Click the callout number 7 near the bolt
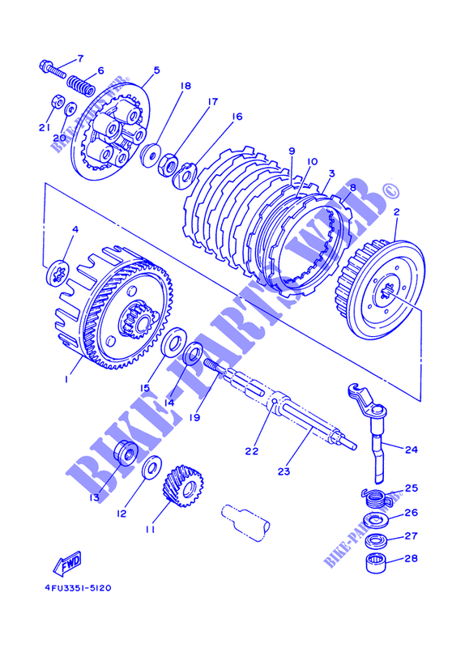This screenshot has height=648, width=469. tap(79, 58)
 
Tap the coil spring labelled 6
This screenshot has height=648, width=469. tap(81, 85)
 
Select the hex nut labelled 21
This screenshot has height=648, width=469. tap(56, 102)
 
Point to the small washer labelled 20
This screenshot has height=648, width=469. tap(70, 109)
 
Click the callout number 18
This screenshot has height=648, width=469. tap(185, 86)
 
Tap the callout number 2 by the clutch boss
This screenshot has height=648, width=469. tap(397, 212)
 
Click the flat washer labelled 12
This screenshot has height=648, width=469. tap(151, 467)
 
